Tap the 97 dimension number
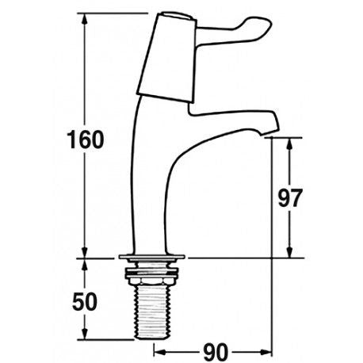[x=292, y=197]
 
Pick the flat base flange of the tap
[x=151, y=258]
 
